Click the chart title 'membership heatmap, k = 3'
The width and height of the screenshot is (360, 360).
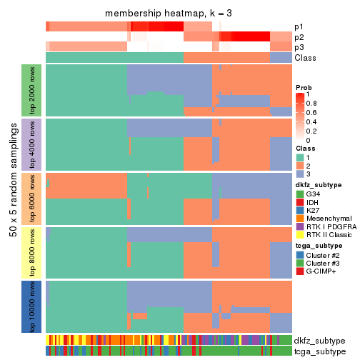169,14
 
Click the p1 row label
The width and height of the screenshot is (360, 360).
299,26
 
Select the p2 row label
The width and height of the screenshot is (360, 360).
299,36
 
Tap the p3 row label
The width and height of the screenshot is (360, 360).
299,46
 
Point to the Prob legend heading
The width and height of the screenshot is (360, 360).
304,86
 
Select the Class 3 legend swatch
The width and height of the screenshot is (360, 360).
301,174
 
